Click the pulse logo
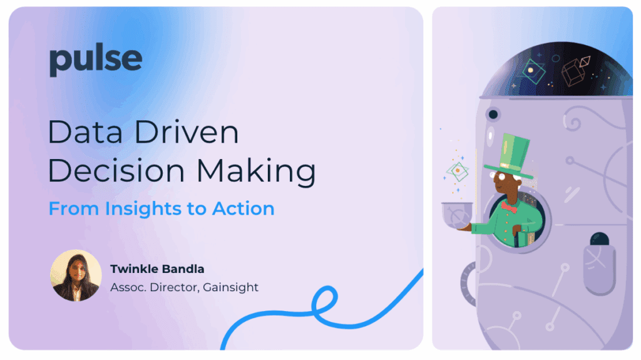click(96, 60)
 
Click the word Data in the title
click(85, 132)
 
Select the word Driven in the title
click(187, 132)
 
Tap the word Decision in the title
click(116, 170)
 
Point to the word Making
click(256, 171)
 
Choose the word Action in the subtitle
click(244, 208)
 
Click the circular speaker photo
click(76, 275)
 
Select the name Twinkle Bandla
click(157, 269)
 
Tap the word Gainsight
click(230, 287)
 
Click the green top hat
click(510, 156)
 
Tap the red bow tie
click(509, 207)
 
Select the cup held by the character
click(457, 215)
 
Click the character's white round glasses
click(501, 177)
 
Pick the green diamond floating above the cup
click(458, 171)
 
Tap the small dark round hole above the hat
click(493, 114)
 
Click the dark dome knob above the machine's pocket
click(600, 239)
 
